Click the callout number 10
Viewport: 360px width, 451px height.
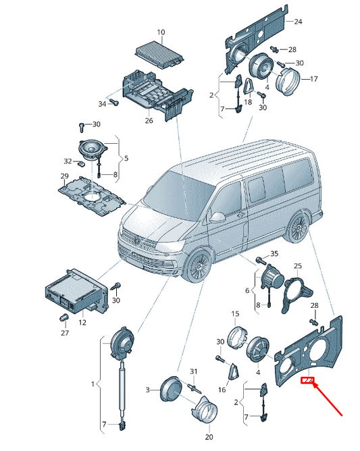(x=161, y=32)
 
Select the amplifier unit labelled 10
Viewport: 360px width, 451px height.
(x=159, y=56)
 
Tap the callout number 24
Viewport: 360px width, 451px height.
(x=298, y=22)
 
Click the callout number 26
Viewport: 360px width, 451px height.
(x=149, y=120)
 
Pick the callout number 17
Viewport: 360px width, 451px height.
(x=313, y=78)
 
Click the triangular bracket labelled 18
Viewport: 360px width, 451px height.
(x=249, y=86)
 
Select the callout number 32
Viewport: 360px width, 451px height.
(x=68, y=161)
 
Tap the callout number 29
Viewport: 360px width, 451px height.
(x=64, y=176)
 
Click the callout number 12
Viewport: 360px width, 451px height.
(x=82, y=322)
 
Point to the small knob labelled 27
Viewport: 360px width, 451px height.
(x=63, y=317)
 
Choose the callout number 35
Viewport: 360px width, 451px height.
(x=274, y=253)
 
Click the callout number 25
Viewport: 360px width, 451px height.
(x=298, y=265)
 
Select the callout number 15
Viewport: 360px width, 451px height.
(x=235, y=313)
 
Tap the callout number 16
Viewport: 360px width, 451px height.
(x=222, y=390)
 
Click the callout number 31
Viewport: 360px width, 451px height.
(x=194, y=371)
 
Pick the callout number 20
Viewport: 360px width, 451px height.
(x=209, y=437)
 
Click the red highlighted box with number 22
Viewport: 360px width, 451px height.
(x=307, y=381)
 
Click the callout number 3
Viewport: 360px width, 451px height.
(x=148, y=390)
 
